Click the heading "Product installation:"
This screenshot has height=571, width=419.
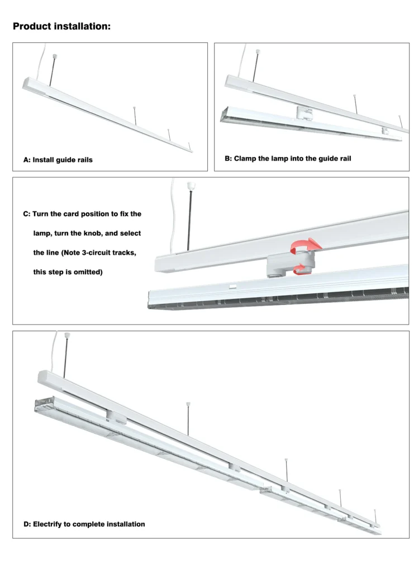point(61,26)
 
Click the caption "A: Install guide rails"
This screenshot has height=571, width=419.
point(58,160)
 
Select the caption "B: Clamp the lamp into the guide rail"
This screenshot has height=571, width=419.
point(288,158)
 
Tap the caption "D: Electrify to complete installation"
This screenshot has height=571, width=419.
point(84,524)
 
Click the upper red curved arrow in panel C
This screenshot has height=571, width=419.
point(306,245)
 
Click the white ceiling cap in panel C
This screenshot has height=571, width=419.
point(189,186)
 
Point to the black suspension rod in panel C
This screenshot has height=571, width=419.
point(189,220)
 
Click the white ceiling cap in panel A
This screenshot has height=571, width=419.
point(55,56)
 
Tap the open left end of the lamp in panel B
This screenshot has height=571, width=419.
point(224,114)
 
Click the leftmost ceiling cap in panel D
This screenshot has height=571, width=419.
point(67,335)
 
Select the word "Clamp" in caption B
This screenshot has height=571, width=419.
point(244,158)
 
